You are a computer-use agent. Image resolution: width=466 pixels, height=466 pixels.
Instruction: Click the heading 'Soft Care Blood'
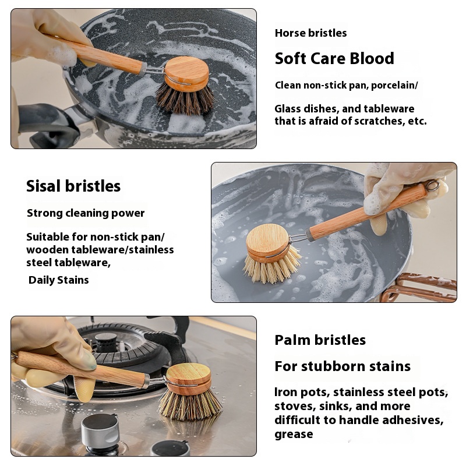pyautogui.click(x=334, y=59)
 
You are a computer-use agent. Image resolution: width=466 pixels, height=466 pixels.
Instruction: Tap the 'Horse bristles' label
pyautogui.click(x=310, y=33)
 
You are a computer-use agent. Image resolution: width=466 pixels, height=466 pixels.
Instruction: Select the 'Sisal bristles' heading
pyautogui.click(x=73, y=186)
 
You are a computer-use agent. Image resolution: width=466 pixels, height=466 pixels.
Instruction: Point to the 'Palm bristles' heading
pyautogui.click(x=320, y=340)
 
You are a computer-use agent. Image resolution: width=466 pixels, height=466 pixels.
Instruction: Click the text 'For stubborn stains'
pyautogui.click(x=343, y=366)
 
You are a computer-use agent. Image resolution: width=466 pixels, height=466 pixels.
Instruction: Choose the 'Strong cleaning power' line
pyautogui.click(x=86, y=213)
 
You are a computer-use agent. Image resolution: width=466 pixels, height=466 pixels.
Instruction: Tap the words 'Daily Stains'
pyautogui.click(x=59, y=280)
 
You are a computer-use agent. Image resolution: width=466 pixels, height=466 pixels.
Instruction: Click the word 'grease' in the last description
pyautogui.click(x=294, y=434)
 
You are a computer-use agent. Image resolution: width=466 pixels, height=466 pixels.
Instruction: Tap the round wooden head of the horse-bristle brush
pyautogui.click(x=186, y=73)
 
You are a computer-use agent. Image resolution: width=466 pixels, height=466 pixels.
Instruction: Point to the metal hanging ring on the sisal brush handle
pyautogui.click(x=432, y=185)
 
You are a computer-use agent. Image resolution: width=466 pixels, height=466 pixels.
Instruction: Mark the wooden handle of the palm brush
pyautogui.click(x=82, y=369)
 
